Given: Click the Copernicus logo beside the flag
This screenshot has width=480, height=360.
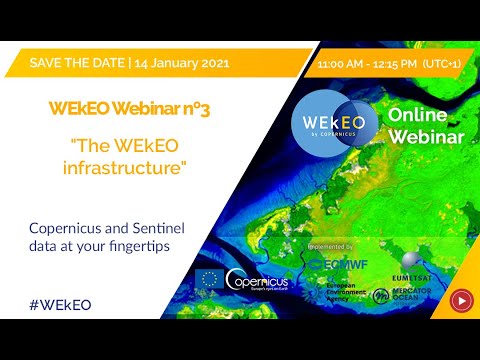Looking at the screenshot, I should point(258,282).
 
